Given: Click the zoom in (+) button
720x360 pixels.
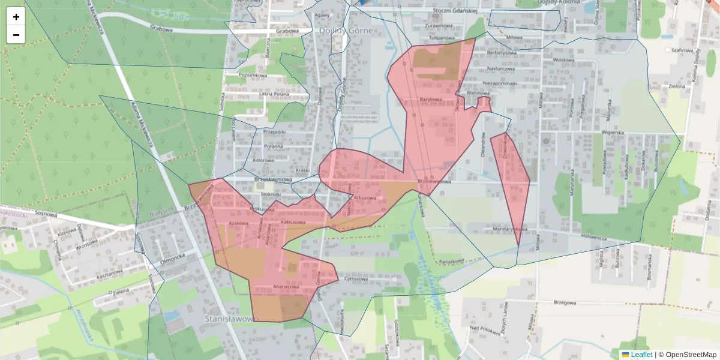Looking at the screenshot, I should (16, 17).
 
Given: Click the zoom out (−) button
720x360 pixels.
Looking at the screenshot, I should (16, 35).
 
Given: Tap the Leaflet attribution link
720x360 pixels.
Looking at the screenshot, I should (641, 355).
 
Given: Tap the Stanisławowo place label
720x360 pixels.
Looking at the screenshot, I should (231, 318).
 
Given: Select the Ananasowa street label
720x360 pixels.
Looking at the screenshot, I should (286, 287).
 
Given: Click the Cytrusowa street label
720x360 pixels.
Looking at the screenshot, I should (356, 279).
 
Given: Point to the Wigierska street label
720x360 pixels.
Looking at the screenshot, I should (614, 133).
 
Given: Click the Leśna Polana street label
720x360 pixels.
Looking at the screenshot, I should (274, 94).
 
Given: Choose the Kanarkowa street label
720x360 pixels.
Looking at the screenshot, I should (451, 261).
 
